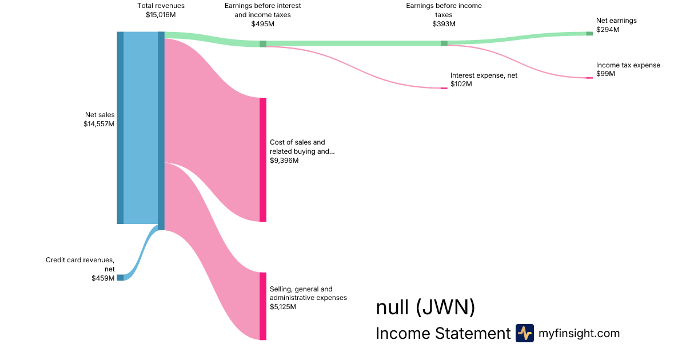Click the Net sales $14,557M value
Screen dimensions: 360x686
pos(99,124)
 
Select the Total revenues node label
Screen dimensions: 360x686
pos(161,6)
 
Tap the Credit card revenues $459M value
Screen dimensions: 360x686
pos(103,278)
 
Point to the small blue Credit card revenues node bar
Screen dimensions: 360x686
pos(120,278)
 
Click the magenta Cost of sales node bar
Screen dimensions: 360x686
pos(263,159)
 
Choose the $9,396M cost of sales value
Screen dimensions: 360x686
pos(284,161)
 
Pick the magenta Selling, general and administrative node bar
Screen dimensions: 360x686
pos(263,306)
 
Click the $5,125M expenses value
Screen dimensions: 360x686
pos(283,307)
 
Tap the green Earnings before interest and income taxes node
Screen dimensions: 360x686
pos(263,43)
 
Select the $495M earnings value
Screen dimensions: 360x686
pos(263,24)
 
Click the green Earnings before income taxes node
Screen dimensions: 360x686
pos(444,43)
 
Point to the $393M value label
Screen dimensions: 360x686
pos(444,24)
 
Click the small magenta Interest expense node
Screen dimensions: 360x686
pos(444,88)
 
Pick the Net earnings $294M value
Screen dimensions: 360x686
pos(608,30)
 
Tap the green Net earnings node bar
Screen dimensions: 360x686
pos(589,34)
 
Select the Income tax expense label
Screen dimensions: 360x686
pos(628,65)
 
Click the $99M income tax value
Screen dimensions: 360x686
pos(605,74)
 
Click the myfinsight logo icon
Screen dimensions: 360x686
pos(524,333)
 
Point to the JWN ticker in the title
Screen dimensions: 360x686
pos(445,308)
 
